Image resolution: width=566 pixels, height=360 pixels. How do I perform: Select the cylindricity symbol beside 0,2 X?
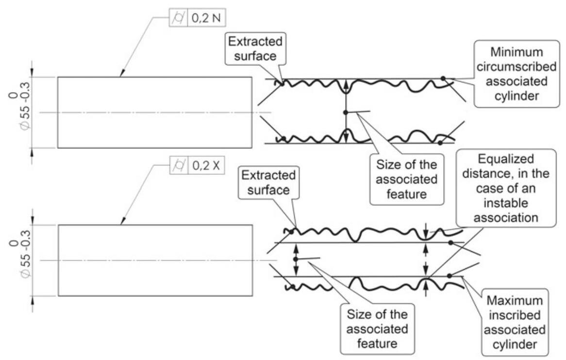(x=178, y=165)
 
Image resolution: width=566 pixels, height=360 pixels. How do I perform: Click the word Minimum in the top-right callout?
(x=514, y=51)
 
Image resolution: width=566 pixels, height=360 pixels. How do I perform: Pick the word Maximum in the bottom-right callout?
(x=514, y=296)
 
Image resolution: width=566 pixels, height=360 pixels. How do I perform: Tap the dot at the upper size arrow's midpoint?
(x=345, y=113)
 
